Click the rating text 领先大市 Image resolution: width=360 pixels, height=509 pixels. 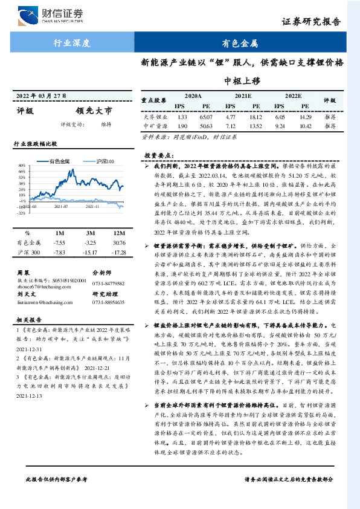click(x=94, y=111)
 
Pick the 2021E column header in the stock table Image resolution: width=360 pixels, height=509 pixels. click(x=243, y=96)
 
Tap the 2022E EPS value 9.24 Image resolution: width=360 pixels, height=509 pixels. click(x=279, y=126)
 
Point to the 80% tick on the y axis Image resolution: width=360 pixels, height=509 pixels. click(x=22, y=164)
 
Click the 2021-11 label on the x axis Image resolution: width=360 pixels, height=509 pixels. click(x=92, y=206)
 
